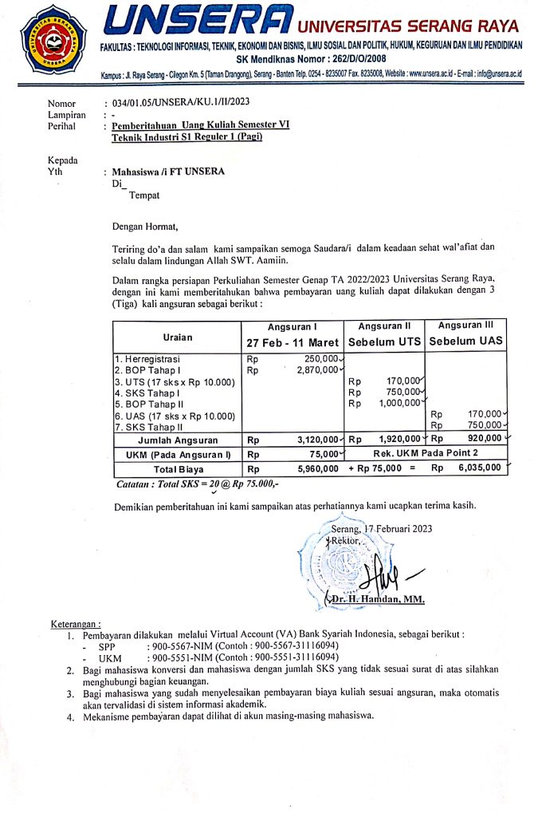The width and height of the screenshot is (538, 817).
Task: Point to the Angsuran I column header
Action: coord(293,327)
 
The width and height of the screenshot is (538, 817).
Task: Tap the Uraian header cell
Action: coord(178,337)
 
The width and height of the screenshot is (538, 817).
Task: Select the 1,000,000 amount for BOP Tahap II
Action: coord(399,403)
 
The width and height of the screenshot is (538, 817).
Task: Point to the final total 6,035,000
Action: coord(478,468)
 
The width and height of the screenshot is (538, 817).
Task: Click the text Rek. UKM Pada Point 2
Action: coord(425,454)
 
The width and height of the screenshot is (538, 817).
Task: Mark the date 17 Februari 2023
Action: coord(400,529)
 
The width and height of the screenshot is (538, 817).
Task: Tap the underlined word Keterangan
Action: coord(77,623)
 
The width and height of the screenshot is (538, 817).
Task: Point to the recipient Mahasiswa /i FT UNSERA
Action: coord(168,172)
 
